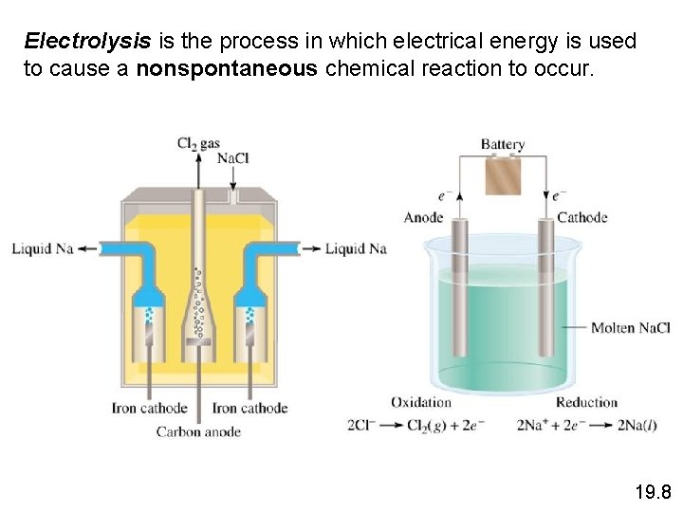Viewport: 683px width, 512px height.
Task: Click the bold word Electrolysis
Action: (87, 42)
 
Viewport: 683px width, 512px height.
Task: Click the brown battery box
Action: (503, 175)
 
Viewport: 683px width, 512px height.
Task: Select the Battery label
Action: (502, 145)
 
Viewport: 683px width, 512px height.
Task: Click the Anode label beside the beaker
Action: (423, 217)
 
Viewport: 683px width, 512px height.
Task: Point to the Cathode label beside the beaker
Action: (581, 217)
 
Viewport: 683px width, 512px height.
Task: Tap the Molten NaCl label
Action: (630, 328)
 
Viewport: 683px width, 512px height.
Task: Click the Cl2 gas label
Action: (198, 143)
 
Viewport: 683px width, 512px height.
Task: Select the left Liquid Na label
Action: (43, 249)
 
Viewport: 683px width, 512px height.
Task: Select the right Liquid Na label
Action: (356, 249)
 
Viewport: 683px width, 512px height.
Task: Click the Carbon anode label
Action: (198, 432)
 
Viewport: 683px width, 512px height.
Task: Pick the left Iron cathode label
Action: (149, 409)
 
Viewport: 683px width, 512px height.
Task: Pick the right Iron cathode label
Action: (249, 409)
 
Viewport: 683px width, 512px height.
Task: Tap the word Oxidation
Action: (420, 402)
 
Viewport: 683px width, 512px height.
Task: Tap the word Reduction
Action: (586, 402)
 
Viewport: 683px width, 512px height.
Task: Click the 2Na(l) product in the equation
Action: (637, 426)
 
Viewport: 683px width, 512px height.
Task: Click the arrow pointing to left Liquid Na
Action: (88, 249)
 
